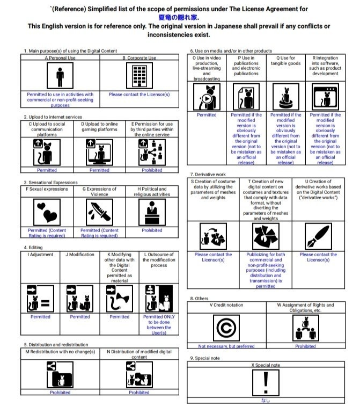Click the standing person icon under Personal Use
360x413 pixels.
point(60,75)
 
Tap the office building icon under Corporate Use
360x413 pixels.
point(139,75)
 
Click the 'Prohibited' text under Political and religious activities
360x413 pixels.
point(152,230)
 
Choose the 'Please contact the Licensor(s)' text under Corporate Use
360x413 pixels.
point(139,95)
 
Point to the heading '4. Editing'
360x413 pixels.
point(33,248)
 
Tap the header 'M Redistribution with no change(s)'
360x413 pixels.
point(60,352)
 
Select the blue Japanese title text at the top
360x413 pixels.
point(179,17)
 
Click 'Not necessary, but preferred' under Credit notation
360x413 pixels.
point(226,346)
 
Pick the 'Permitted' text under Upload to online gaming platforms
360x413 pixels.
point(99,170)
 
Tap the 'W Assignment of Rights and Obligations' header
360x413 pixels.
point(306,308)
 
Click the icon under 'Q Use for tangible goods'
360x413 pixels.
point(285,97)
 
